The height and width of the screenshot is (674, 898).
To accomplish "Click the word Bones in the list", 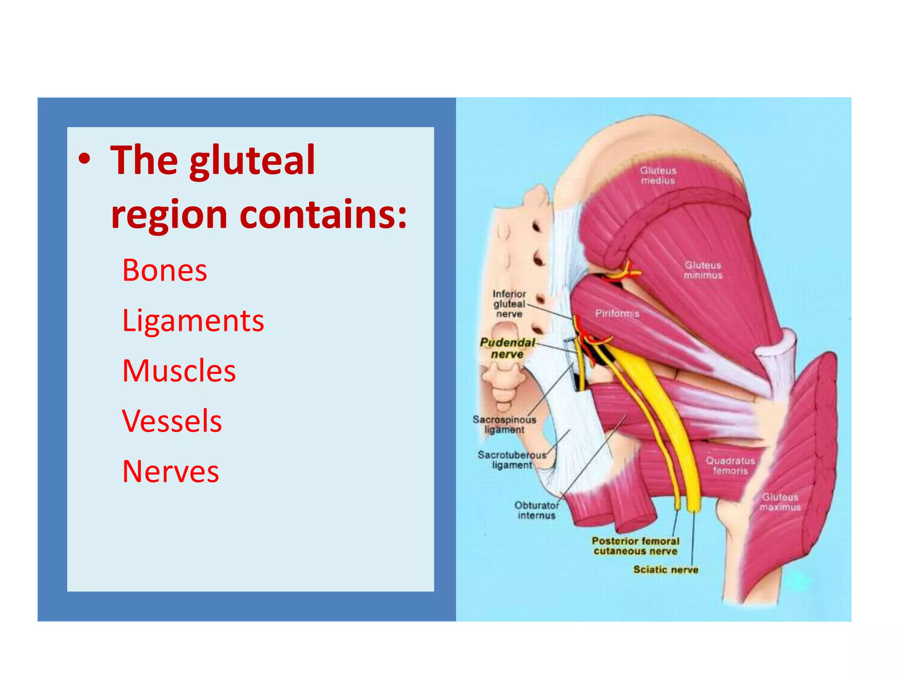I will click(164, 270).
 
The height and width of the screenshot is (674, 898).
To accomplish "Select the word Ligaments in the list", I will click(193, 321).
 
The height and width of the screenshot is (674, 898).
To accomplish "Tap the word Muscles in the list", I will click(179, 371).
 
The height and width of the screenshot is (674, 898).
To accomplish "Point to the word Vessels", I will click(172, 421).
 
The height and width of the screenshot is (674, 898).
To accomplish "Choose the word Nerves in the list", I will click(171, 472).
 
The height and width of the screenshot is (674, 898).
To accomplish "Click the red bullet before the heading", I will click(85, 160).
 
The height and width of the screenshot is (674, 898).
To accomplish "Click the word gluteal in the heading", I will click(252, 161).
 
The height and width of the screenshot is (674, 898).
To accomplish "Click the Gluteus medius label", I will click(658, 176).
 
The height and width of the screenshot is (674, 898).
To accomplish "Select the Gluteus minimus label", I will click(703, 270).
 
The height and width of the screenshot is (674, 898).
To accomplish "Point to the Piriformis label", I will click(617, 313).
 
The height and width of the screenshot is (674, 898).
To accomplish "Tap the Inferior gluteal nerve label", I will click(509, 304).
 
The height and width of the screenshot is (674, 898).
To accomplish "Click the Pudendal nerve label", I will click(507, 348).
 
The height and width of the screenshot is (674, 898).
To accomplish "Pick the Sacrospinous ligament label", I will click(504, 425).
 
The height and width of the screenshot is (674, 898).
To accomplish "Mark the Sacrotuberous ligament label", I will click(512, 460).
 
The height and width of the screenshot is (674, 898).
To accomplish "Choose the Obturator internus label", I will click(536, 510).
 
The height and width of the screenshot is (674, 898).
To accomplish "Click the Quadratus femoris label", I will click(730, 466).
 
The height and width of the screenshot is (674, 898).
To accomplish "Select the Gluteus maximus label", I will click(780, 502).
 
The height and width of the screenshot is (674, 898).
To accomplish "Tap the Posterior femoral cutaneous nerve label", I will click(635, 546).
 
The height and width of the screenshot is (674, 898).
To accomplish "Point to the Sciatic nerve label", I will click(666, 570).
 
